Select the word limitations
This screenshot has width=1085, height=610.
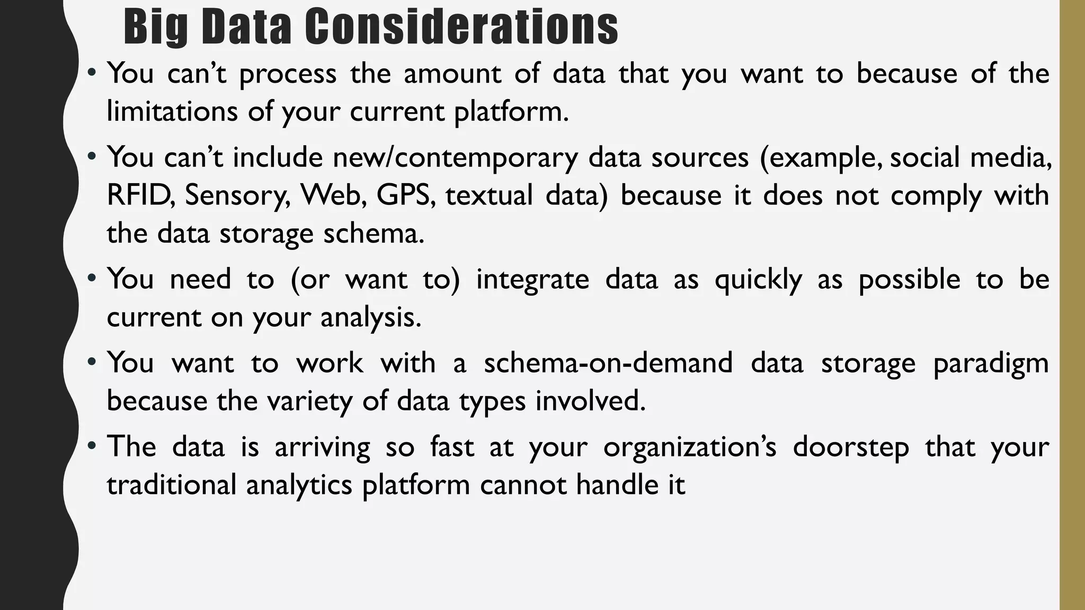[x=172, y=111]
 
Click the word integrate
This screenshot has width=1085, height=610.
[x=532, y=279]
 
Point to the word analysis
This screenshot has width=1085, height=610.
[x=370, y=317]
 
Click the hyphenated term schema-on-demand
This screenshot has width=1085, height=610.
[x=608, y=363]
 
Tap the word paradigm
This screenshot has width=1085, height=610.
[x=991, y=364]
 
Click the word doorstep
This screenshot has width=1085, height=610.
[x=851, y=447]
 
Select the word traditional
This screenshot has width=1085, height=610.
[x=171, y=485]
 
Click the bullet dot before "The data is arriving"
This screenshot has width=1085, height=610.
[x=92, y=445]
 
